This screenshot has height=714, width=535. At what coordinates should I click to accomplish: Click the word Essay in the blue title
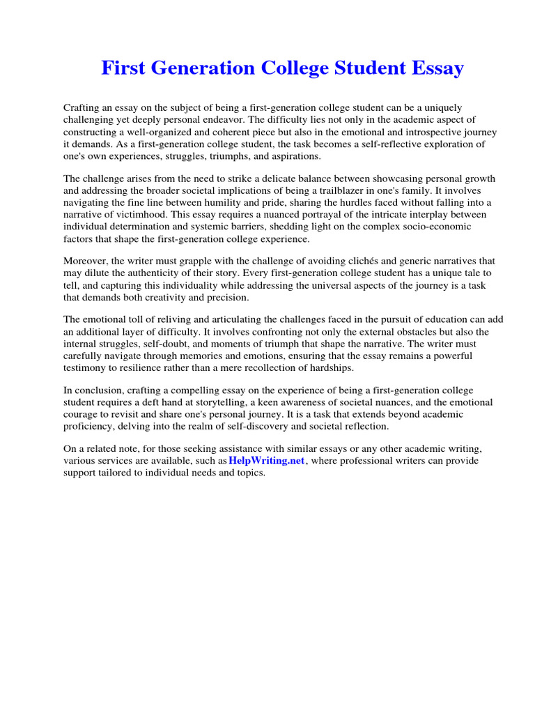click(433, 68)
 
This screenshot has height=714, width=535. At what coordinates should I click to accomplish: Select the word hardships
click(330, 369)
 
